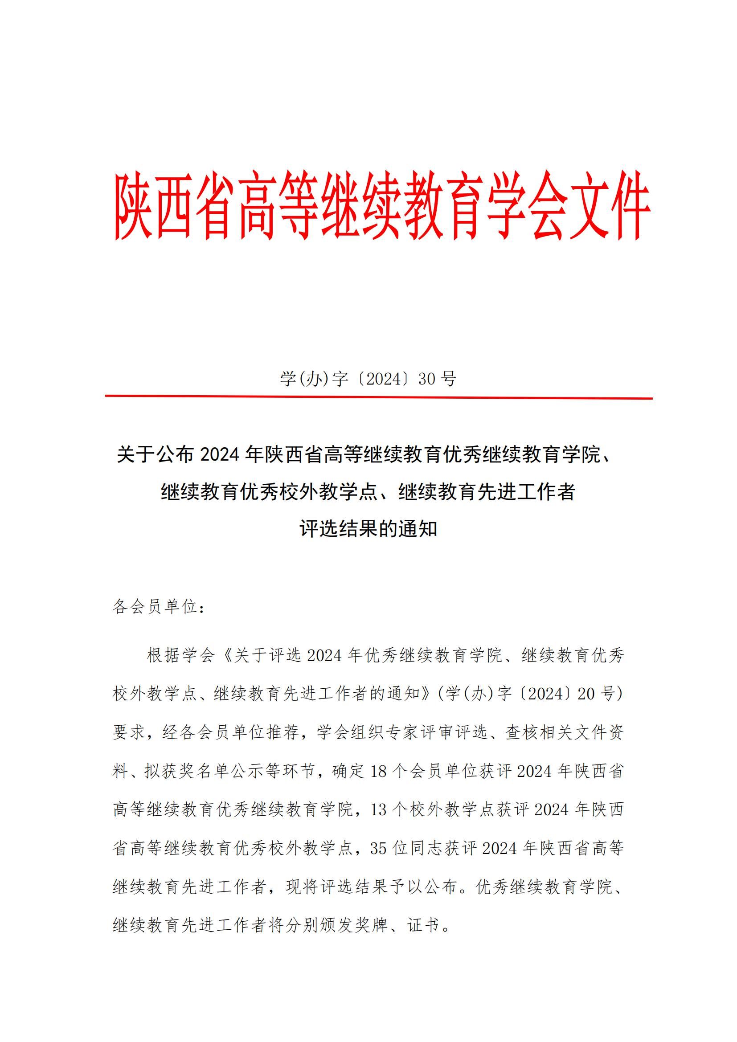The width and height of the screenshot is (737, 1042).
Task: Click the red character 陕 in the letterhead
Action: (x=133, y=207)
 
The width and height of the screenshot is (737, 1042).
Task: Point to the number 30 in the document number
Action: (x=426, y=379)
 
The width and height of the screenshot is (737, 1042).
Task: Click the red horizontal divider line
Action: (x=378, y=397)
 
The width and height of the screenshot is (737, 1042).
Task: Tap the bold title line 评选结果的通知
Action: (x=368, y=529)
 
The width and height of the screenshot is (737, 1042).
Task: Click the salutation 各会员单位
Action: (x=155, y=606)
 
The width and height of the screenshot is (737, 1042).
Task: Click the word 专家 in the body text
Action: (x=401, y=732)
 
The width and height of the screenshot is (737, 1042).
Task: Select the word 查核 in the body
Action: (x=522, y=732)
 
